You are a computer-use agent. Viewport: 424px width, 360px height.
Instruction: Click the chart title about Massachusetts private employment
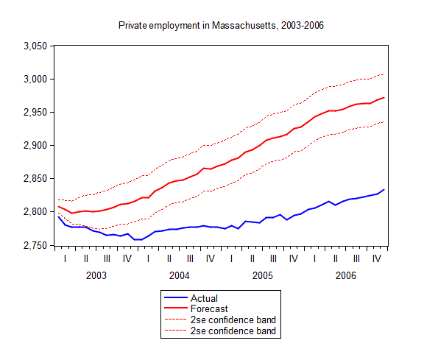221,25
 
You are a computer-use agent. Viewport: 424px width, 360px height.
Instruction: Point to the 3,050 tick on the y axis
34,46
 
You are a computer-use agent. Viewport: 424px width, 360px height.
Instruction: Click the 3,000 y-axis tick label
34,79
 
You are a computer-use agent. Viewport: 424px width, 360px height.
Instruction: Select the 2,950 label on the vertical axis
34,112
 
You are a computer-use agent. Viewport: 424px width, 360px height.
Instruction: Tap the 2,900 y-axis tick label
34,145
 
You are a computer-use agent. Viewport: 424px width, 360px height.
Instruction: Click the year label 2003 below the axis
96,275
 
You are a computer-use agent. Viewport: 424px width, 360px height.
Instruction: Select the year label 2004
180,275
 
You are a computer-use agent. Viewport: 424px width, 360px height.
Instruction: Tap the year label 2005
263,275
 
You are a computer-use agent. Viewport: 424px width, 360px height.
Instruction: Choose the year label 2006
346,275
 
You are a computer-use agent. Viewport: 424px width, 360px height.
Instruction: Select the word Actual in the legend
204,298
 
